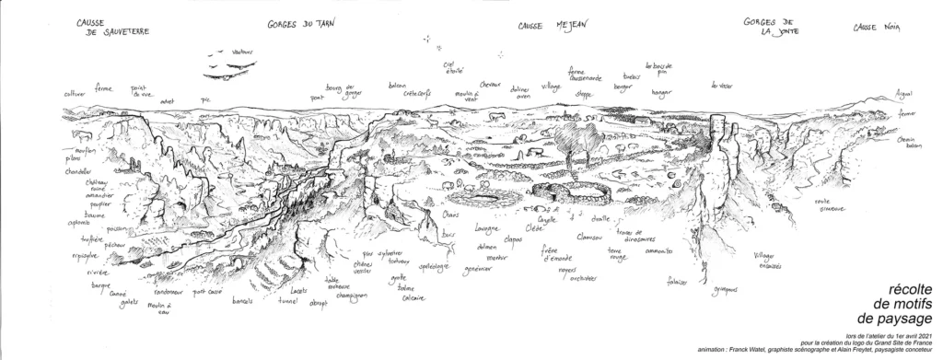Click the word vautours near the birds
pyautogui.click(x=243, y=52)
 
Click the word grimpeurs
pyautogui.click(x=728, y=291)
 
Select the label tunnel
pyautogui.click(x=290, y=299)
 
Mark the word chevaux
pyautogui.click(x=490, y=85)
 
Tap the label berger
pyautogui.click(x=623, y=84)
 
